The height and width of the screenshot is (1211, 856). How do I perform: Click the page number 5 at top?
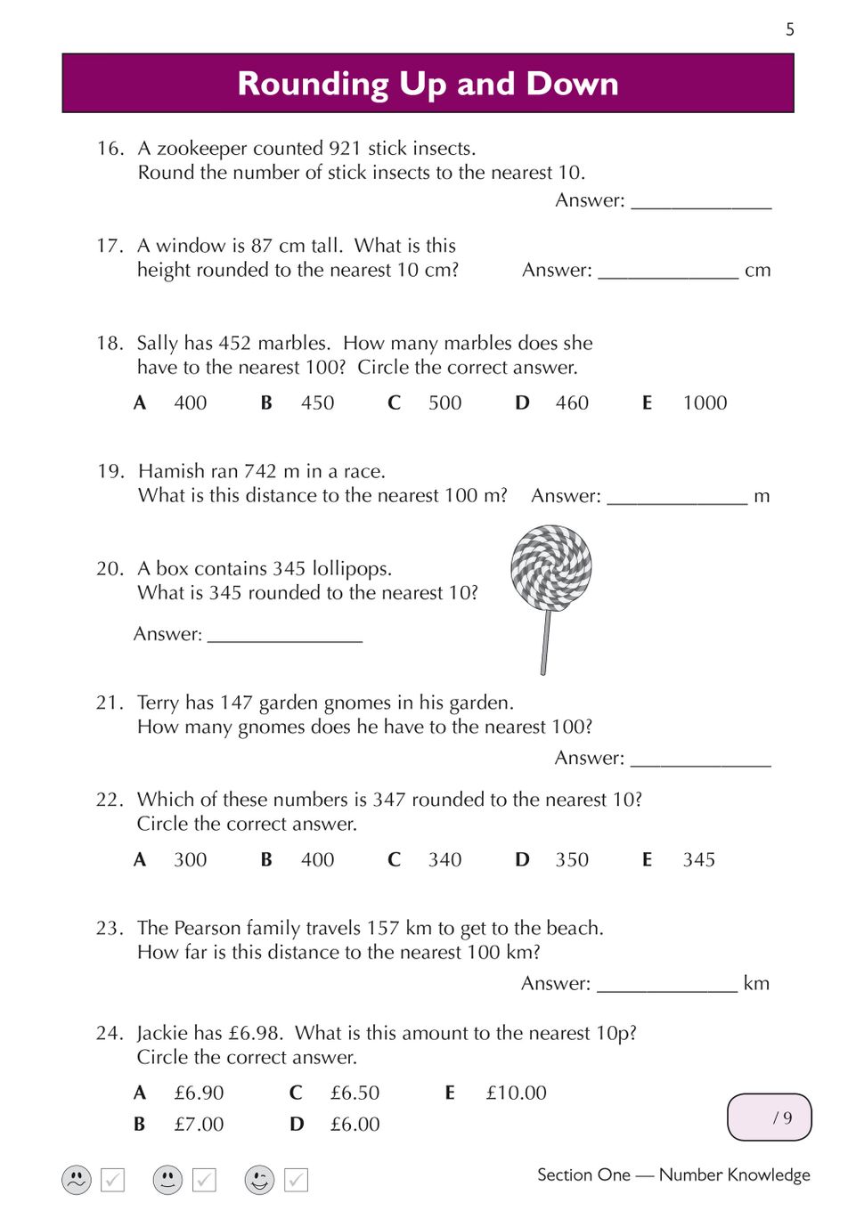[x=789, y=29]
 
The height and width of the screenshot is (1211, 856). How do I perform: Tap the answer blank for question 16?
[x=701, y=201]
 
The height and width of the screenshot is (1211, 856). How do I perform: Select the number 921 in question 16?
[x=344, y=148]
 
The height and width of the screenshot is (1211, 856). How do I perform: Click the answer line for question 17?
[x=668, y=271]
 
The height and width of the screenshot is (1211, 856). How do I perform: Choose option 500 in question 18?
[x=444, y=402]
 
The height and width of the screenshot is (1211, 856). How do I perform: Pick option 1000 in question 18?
[x=705, y=402]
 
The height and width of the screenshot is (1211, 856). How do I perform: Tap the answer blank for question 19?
[x=677, y=497]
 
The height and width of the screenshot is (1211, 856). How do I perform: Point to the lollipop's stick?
[x=545, y=641]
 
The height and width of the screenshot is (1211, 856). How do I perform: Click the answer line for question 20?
[x=285, y=635]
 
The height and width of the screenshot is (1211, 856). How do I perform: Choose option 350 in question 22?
[x=572, y=859]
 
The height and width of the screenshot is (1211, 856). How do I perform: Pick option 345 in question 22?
[x=698, y=859]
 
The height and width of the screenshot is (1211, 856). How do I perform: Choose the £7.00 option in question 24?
[x=199, y=1124]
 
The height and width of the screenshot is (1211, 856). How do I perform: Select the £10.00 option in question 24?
[x=516, y=1093]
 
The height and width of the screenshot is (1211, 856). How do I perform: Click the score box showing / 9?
[x=770, y=1118]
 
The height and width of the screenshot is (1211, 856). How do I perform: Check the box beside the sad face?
[x=113, y=1180]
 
